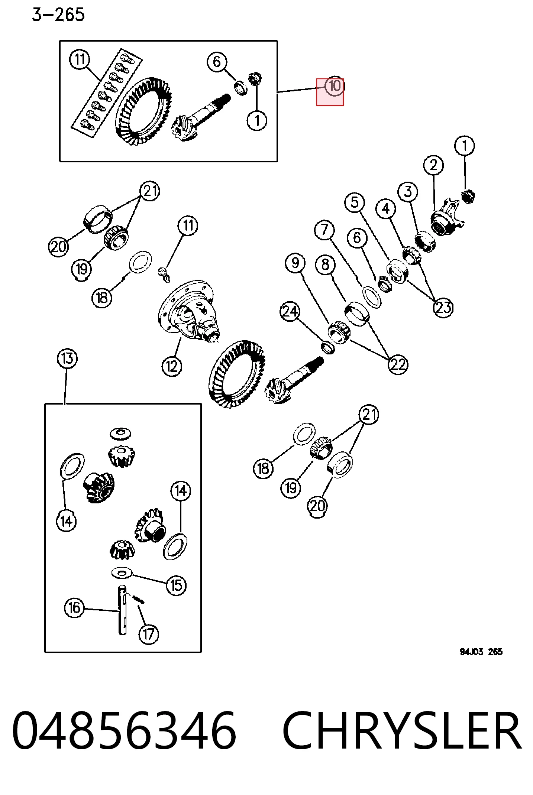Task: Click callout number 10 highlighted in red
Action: [335, 86]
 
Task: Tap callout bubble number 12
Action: [172, 366]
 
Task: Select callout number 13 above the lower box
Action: [67, 358]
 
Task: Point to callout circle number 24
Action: [290, 311]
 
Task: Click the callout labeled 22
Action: [398, 364]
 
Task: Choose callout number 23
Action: [443, 308]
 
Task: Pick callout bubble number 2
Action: [433, 165]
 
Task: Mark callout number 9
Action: [295, 263]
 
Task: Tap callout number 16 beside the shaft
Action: [74, 608]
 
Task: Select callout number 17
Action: [149, 634]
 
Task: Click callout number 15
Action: [176, 585]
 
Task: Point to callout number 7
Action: [324, 230]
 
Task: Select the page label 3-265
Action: [58, 15]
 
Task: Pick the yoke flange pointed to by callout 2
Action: [447, 217]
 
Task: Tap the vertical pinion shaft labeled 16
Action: [122, 610]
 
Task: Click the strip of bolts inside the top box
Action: [107, 93]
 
